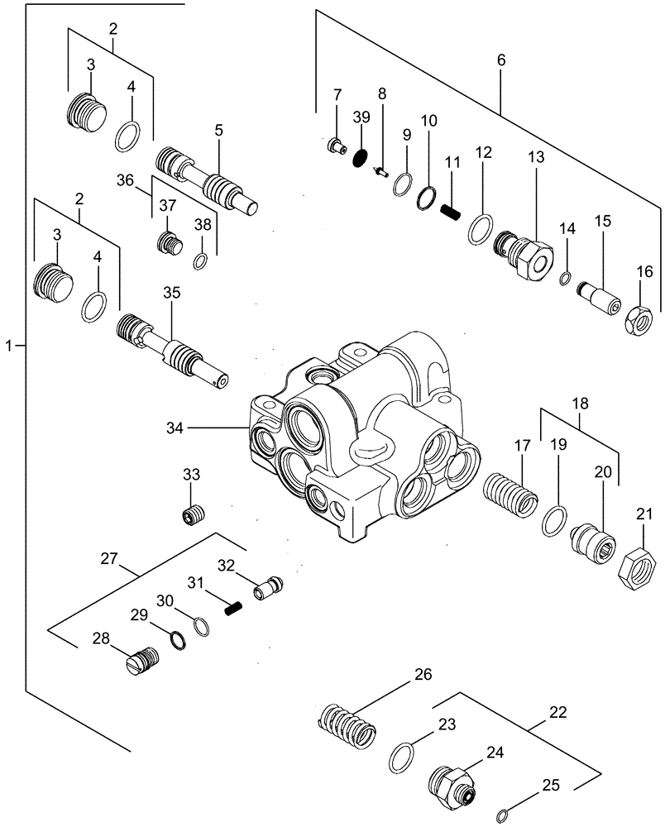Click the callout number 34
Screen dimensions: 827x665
175,428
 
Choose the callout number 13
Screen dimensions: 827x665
532,155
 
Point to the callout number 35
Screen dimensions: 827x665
171,292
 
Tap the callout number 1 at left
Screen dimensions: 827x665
9,345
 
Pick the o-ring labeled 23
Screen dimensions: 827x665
400,755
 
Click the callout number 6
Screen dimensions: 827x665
502,61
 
